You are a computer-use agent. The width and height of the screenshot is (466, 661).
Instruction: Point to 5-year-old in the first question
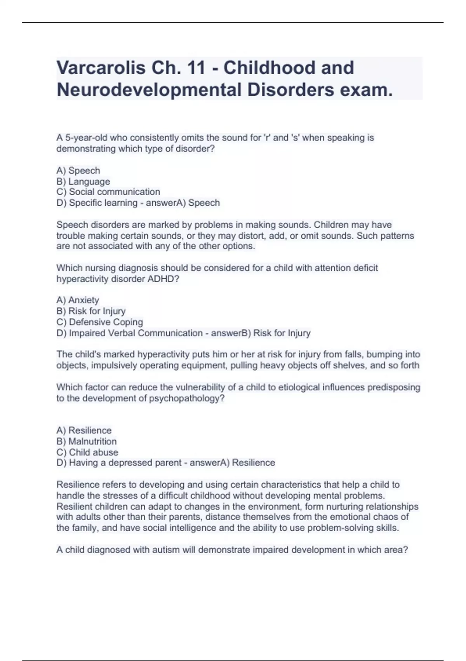(x=86, y=138)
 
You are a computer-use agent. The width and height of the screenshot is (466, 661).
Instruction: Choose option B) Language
(x=83, y=182)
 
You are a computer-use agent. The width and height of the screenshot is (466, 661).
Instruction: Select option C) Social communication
(x=108, y=192)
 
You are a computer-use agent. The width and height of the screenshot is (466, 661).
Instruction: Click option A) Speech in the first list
(x=78, y=171)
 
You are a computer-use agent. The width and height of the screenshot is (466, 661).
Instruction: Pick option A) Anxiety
(x=78, y=300)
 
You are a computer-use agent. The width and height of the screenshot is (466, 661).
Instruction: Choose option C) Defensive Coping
(x=99, y=322)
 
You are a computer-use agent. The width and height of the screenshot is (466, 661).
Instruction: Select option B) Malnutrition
(x=86, y=441)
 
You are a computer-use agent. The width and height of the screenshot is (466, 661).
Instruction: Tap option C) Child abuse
(x=87, y=452)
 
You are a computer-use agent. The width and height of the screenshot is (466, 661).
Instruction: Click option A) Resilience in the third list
(x=84, y=430)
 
